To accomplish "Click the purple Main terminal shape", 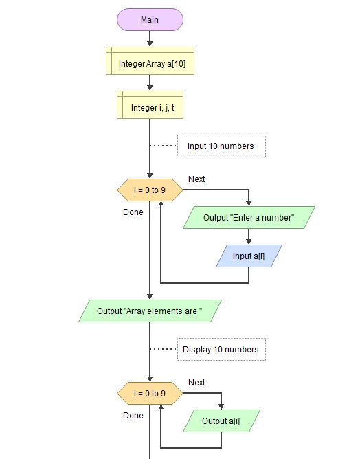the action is (150, 20).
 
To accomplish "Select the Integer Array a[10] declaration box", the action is (150, 61).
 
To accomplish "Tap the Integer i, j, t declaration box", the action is (150, 105).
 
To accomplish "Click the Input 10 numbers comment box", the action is (221, 146).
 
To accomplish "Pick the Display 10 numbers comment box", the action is (221, 349).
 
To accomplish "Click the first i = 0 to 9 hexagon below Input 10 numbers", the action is (150, 190).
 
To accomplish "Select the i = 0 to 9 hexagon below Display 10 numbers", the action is (150, 394).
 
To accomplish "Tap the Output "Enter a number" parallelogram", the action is (249, 218).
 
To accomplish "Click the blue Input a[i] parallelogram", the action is (249, 256).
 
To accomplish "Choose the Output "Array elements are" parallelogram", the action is (150, 311).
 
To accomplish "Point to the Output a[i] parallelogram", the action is (221, 421).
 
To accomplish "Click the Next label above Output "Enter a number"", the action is (196, 179).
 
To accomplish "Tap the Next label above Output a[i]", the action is (196, 382).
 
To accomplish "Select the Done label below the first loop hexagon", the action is (133, 212).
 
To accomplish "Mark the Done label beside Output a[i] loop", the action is (133, 416).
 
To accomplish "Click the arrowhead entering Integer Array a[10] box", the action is (150, 44).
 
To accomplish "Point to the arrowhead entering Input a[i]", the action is (249, 242).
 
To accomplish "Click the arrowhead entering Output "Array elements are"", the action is (150, 297).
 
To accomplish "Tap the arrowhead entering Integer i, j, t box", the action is (150, 88).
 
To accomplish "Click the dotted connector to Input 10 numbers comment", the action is (164, 146).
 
